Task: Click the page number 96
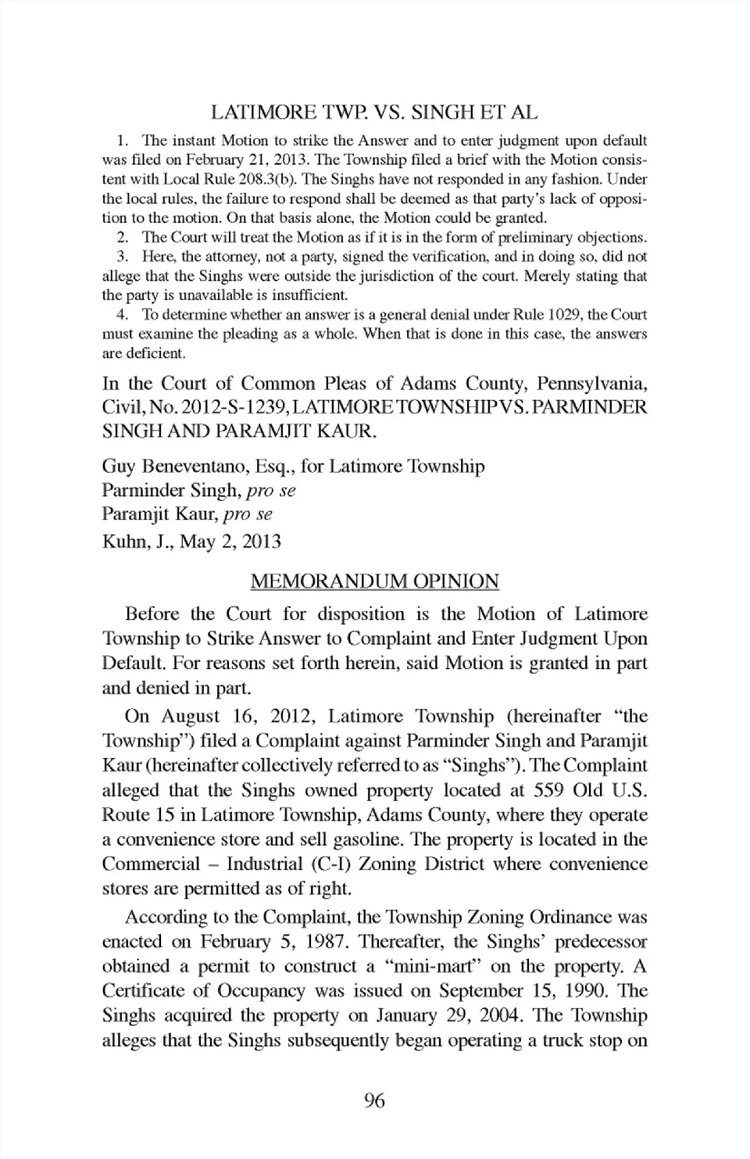(x=375, y=1101)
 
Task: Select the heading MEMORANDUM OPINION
(x=374, y=581)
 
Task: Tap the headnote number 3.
(x=122, y=256)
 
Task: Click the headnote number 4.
(x=122, y=315)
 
